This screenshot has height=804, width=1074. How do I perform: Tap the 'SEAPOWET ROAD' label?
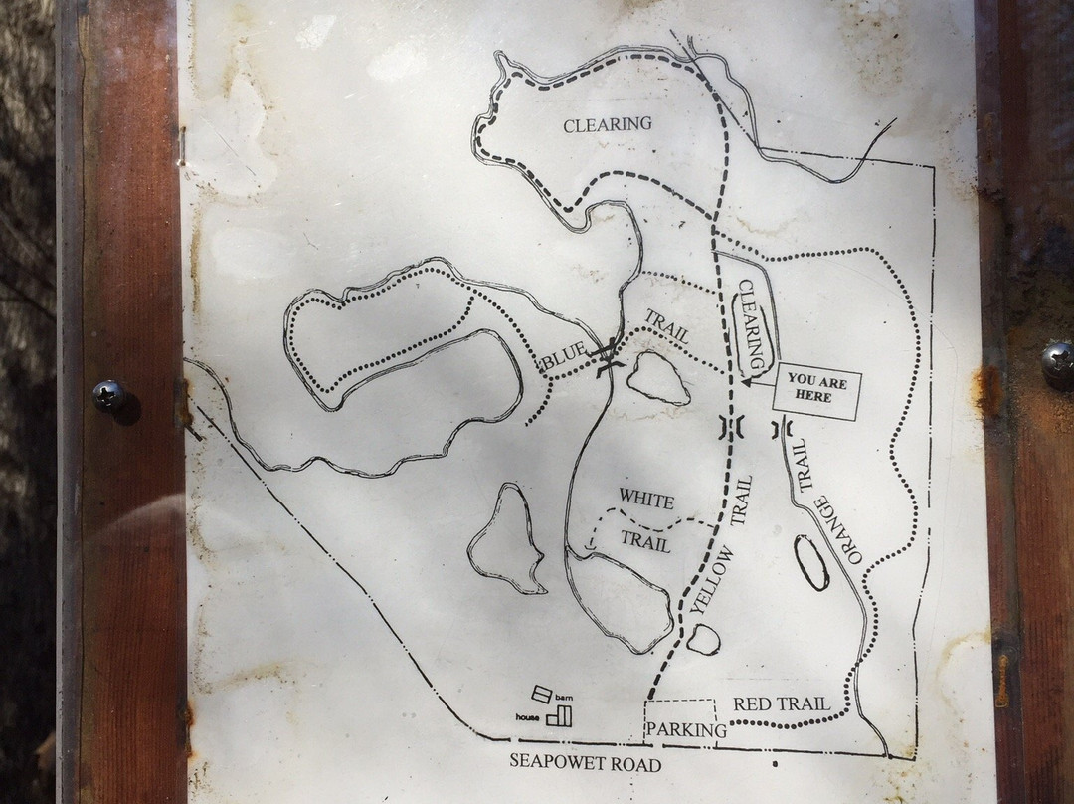point(571,763)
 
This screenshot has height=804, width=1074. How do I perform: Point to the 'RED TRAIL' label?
point(781,704)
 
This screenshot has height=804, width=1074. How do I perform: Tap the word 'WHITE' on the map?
point(646,498)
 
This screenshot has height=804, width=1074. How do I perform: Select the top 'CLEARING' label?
point(607,124)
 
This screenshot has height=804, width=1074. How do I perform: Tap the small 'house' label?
point(528,716)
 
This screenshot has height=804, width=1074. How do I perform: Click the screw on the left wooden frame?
point(107,395)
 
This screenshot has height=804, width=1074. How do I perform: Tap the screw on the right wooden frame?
point(1058,360)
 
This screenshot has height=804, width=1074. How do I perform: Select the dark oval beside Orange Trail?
point(811,562)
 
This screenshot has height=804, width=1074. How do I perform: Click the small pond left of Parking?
point(703,639)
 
